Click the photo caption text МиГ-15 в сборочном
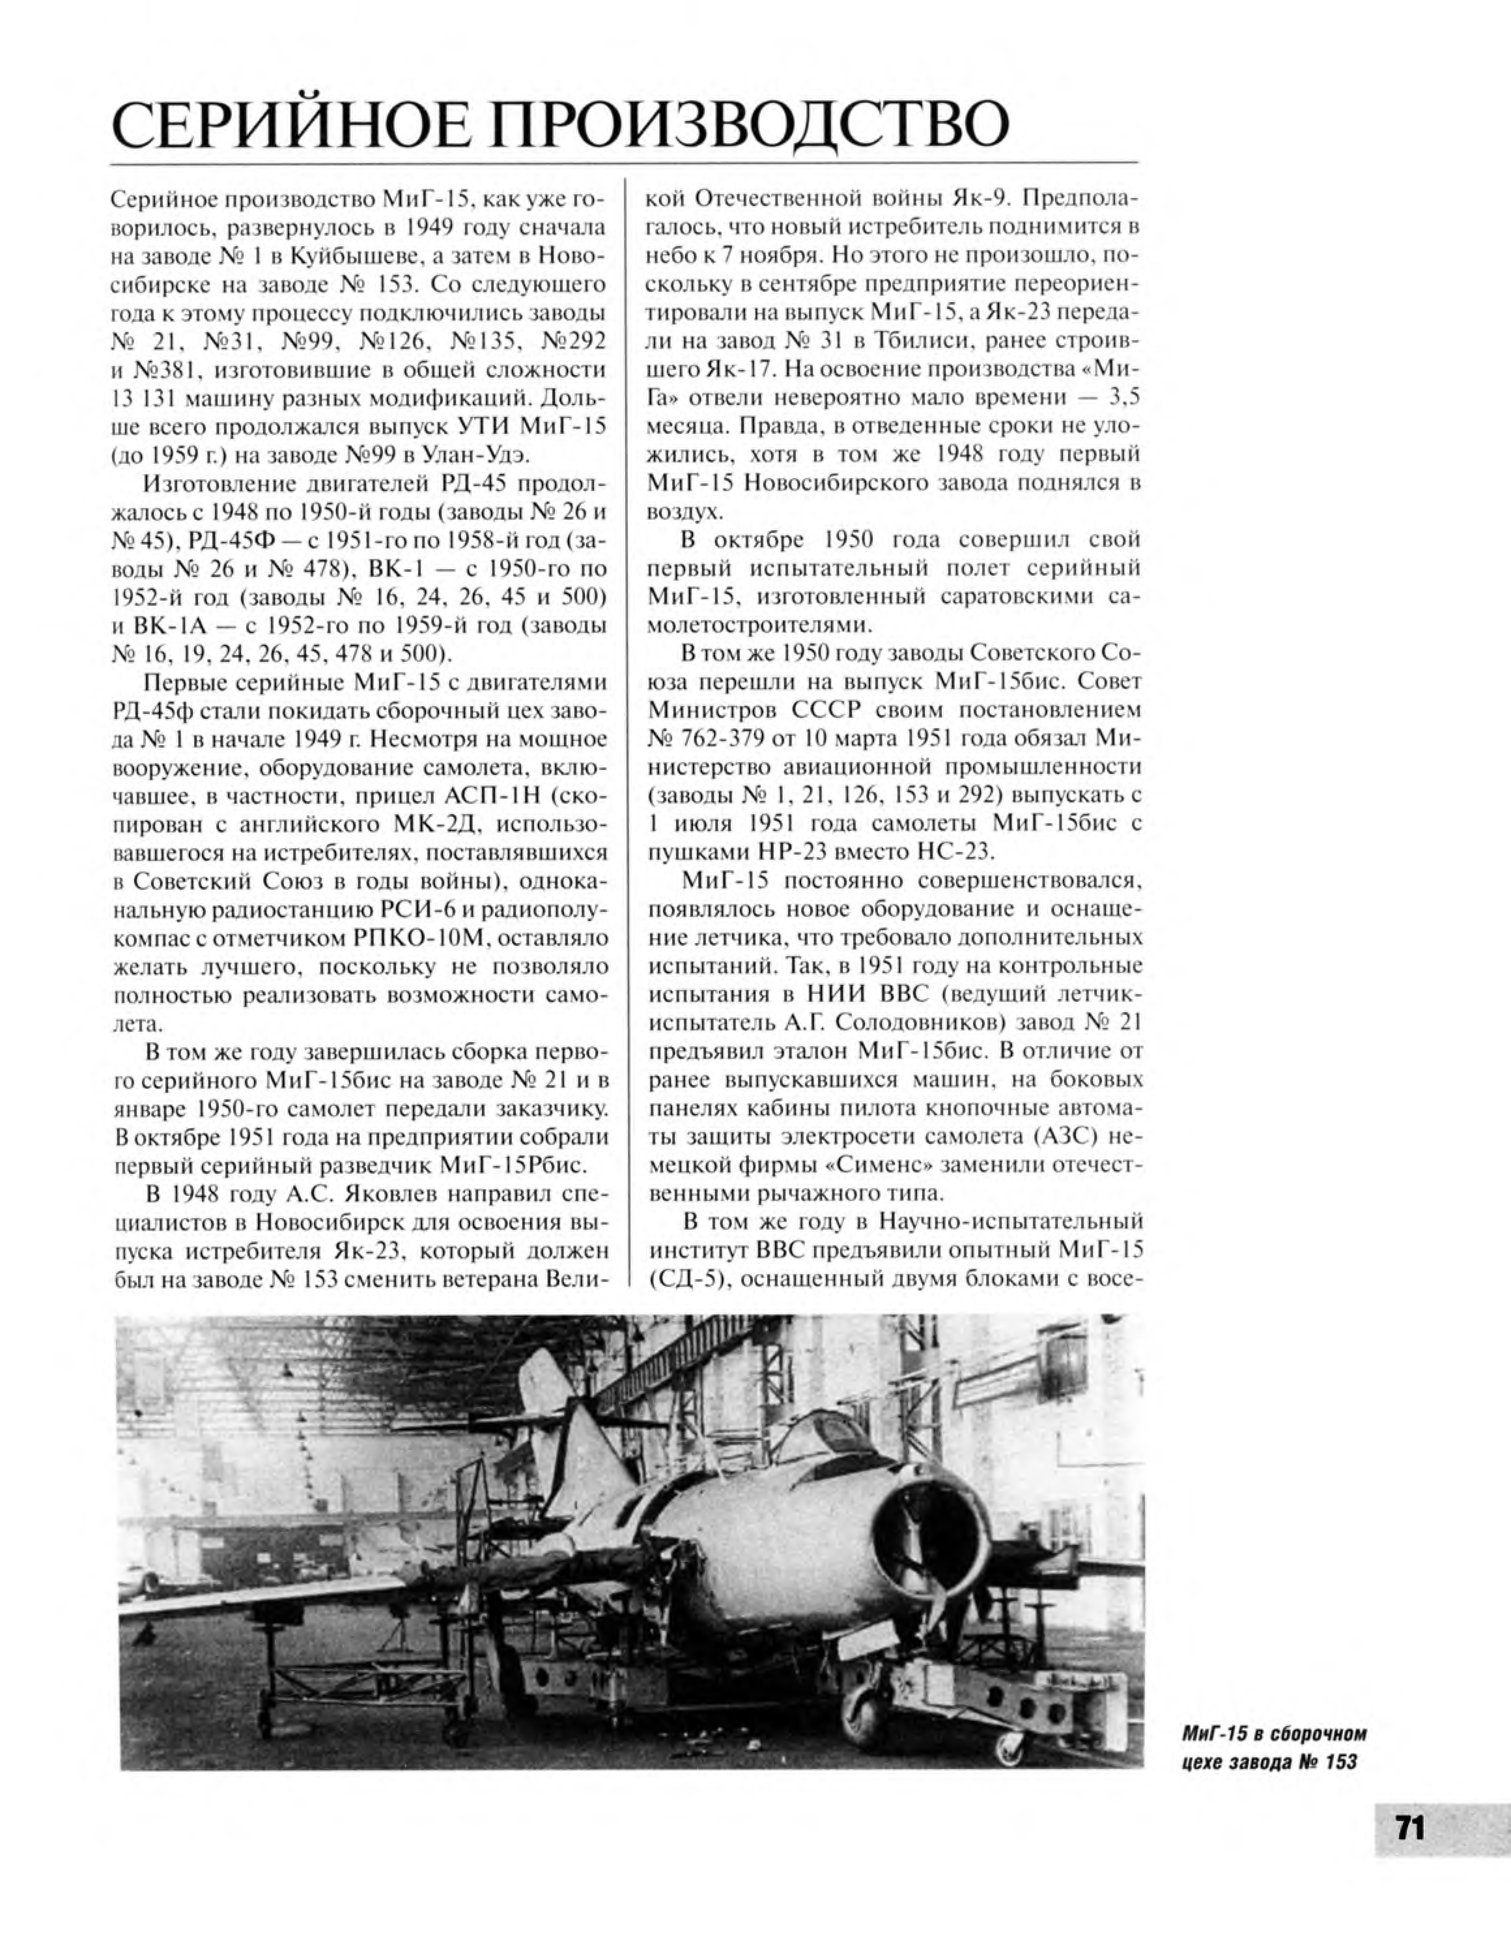1272,1734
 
